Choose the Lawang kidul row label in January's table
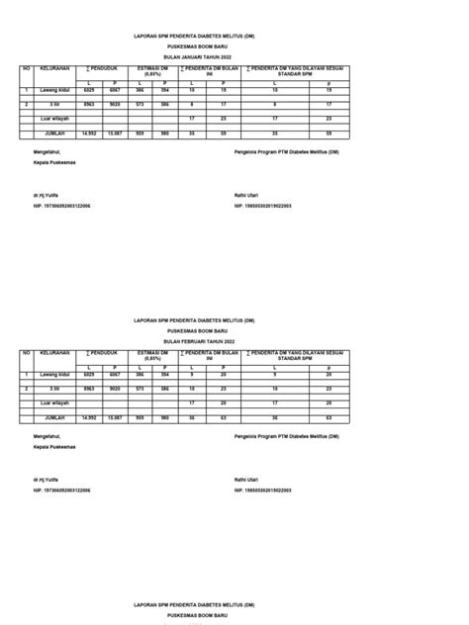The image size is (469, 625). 55,90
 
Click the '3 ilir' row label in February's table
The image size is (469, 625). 55,390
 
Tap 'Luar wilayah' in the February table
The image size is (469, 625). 55,403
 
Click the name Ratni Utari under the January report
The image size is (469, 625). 247,182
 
